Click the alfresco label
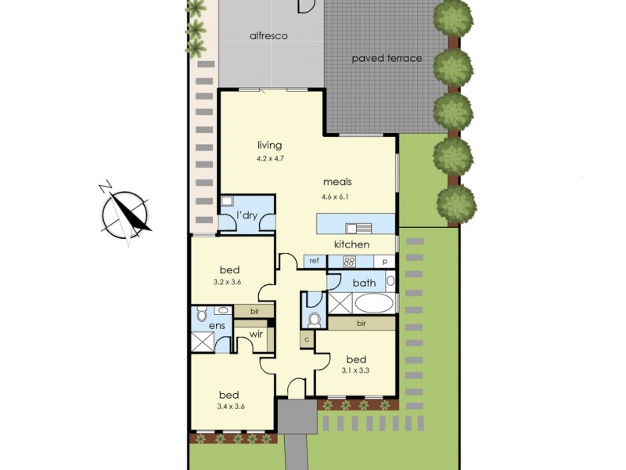(268, 36)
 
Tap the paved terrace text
(387, 59)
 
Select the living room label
(269, 145)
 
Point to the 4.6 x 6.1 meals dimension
(334, 197)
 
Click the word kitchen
(351, 244)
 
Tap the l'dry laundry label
(248, 215)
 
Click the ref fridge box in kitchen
(314, 261)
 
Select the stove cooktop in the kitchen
(350, 262)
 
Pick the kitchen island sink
(363, 228)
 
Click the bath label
(364, 283)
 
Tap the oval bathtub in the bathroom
(370, 303)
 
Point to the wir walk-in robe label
(254, 334)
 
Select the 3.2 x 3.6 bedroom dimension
(230, 281)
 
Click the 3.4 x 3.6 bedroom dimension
(229, 407)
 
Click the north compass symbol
(125, 214)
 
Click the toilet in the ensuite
(200, 314)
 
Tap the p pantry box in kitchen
(384, 261)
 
